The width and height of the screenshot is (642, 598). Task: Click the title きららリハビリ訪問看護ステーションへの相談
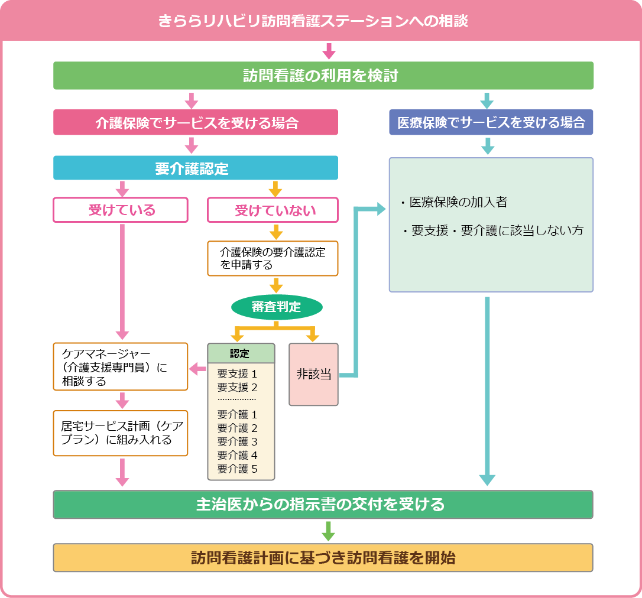coord(313,21)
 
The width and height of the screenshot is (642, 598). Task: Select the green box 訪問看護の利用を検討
coord(323,76)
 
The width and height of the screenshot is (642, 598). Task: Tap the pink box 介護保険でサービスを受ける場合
coord(196,122)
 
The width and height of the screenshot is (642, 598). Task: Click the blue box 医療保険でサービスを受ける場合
coord(491,122)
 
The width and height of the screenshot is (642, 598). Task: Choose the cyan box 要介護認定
coord(196,168)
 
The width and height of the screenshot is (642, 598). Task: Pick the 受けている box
coord(121,210)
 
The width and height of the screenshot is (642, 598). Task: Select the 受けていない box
coord(273,210)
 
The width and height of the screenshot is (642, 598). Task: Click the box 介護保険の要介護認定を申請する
coord(273,258)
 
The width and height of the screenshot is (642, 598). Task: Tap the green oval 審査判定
coord(276,307)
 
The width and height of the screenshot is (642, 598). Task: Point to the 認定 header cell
coord(241,353)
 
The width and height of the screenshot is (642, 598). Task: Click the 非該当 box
coord(313,375)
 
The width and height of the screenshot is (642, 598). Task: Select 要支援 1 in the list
coord(238,373)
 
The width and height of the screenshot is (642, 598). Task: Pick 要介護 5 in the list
coord(238,469)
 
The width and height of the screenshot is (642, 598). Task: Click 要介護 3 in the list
coord(238,441)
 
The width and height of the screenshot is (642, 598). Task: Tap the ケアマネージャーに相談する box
coord(121,366)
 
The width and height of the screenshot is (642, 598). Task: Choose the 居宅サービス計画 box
coord(121,433)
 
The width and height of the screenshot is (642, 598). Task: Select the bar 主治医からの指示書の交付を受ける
coord(323,505)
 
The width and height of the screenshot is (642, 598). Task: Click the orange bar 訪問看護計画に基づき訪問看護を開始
coord(323,558)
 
